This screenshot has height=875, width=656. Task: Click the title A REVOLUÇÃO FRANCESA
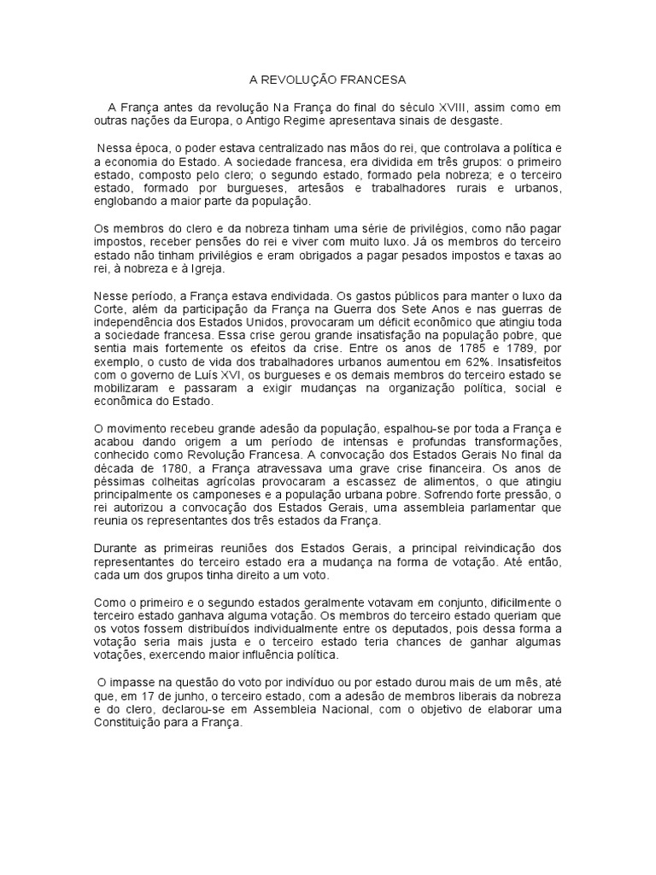point(327,79)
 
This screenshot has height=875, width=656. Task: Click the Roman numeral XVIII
point(458,107)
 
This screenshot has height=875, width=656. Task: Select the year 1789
point(527,349)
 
